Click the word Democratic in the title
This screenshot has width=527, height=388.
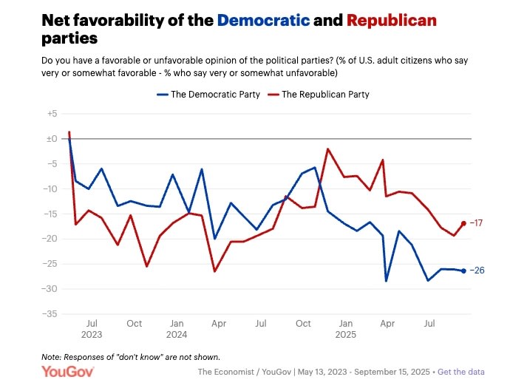[x=262, y=20]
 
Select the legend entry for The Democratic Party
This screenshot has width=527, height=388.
[x=208, y=95]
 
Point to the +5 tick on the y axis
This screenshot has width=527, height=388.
[x=52, y=114]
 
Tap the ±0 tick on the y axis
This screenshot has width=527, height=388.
[x=52, y=139]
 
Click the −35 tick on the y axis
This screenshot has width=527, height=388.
[x=51, y=314]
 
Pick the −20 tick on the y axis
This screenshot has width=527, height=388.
[x=51, y=239]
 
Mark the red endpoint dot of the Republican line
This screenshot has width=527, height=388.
[x=464, y=222]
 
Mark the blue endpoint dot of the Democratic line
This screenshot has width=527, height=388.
[x=464, y=270]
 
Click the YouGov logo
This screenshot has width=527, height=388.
[x=67, y=371]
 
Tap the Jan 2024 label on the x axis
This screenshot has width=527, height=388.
[x=177, y=329]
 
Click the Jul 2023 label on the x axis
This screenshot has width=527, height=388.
[x=92, y=329]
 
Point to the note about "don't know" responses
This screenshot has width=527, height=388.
[x=131, y=357]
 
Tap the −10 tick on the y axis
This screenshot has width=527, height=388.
[x=51, y=189]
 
